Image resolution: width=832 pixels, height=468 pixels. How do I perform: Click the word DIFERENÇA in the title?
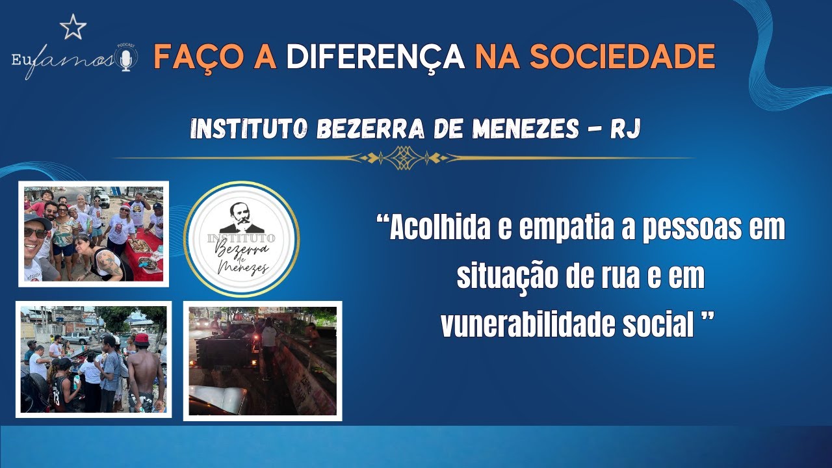375,57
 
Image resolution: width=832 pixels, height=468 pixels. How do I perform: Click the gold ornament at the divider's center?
403,157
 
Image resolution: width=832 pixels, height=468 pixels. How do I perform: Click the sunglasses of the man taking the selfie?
36,232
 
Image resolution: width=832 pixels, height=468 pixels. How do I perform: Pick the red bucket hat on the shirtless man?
141,339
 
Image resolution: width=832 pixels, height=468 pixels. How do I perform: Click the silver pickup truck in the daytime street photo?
77,337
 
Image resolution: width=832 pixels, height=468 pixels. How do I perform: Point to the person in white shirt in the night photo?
268,338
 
